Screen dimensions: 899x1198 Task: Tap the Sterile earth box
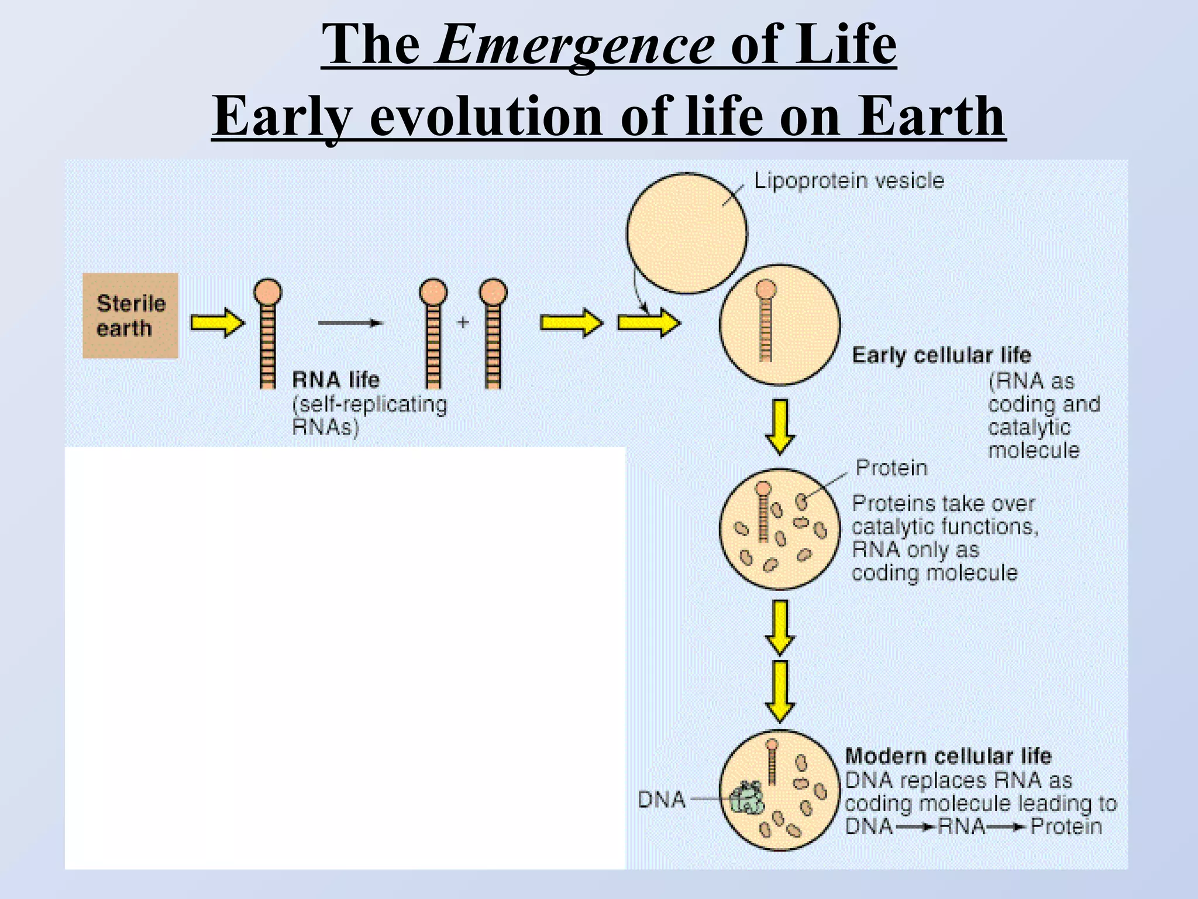[130, 315]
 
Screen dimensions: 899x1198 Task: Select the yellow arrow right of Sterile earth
[217, 322]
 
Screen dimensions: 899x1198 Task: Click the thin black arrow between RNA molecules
[350, 322]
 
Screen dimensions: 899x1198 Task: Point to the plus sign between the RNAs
[463, 322]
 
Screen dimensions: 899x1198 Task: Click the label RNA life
[336, 380]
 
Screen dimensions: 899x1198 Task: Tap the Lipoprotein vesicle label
[848, 180]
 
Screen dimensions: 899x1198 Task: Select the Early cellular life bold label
[941, 355]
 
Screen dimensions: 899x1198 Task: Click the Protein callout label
[891, 468]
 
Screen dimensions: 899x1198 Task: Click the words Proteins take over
[943, 504]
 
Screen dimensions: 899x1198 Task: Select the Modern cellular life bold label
[948, 756]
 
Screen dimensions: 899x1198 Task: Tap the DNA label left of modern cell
[661, 800]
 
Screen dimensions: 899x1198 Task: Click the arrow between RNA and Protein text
[1007, 827]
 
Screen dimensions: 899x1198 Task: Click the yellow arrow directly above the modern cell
[780, 691]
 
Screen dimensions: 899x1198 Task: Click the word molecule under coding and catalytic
[1033, 450]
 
